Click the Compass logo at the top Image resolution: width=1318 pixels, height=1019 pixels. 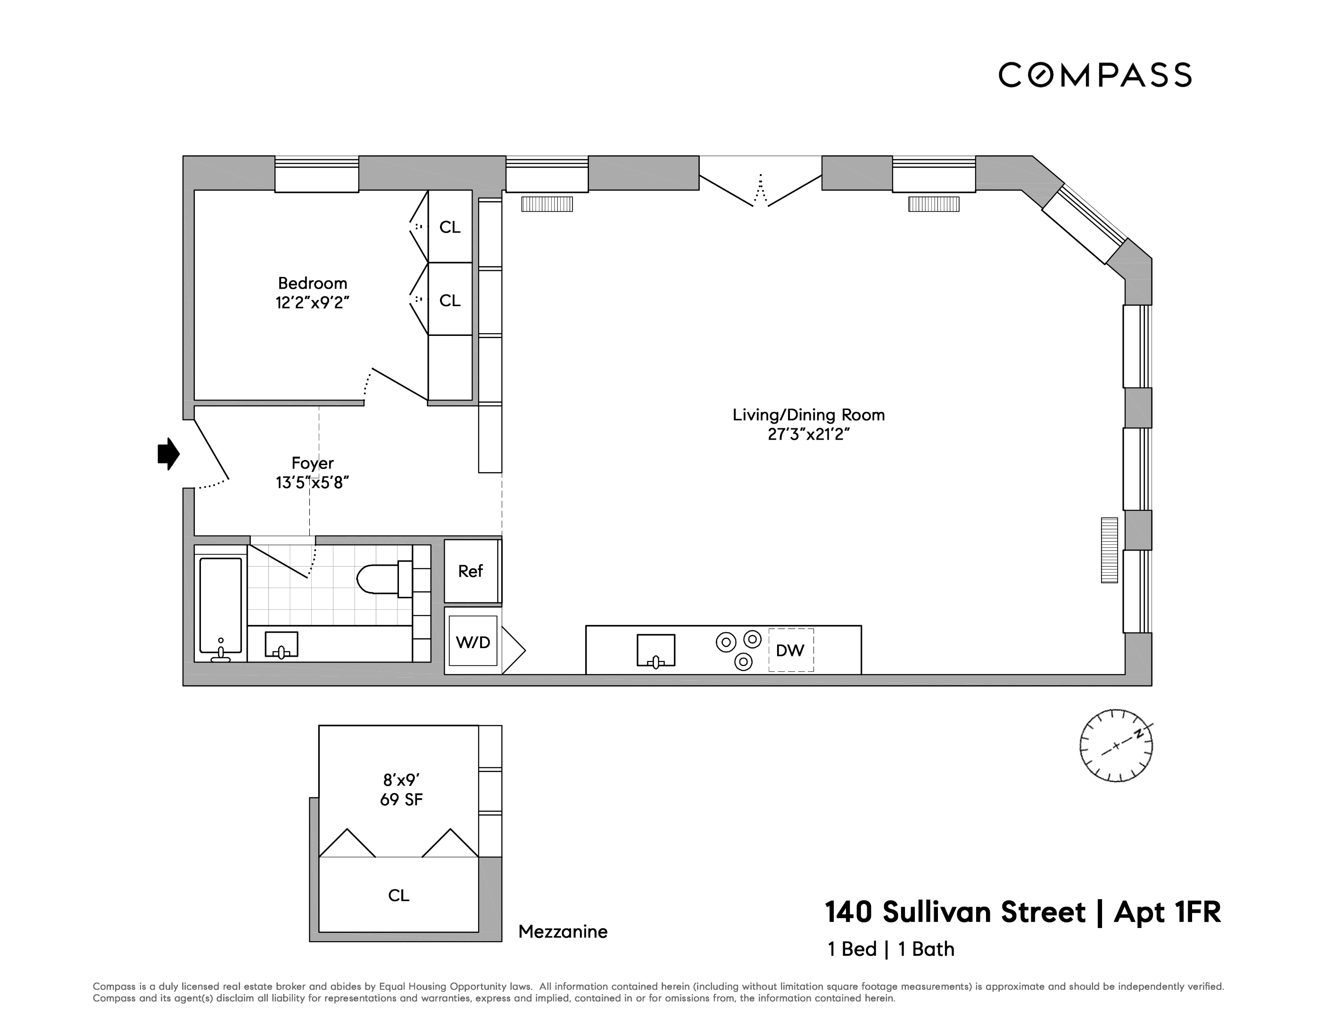pos(1094,75)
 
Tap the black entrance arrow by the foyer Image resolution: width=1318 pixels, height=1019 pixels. pos(168,453)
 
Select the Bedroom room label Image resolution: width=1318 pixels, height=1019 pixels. pos(313,283)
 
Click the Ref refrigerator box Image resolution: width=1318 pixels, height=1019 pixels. pos(471,571)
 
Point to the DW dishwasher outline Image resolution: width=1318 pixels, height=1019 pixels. pos(790,650)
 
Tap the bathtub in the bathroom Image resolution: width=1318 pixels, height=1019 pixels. pos(220,605)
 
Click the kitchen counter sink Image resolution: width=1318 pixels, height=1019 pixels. pos(655,650)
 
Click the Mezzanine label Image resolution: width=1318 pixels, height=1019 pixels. pos(563,931)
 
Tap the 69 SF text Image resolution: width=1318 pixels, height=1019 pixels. pos(401,799)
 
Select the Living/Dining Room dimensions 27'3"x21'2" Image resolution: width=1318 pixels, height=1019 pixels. pos(809,434)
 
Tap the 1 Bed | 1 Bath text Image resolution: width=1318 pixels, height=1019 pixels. pos(891,949)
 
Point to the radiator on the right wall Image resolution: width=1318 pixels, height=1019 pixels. pos(1109,550)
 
